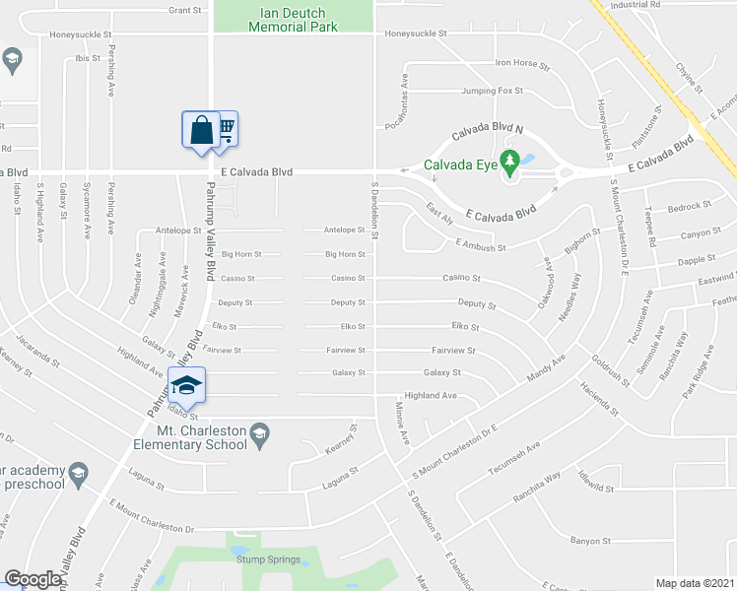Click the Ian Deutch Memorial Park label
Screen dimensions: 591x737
pos(293,20)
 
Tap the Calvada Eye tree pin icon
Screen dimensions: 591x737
pos(509,161)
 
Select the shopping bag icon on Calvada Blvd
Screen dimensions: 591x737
pos(201,130)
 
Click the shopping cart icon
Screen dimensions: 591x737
pos(227,126)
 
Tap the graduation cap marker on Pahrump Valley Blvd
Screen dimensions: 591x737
pos(186,385)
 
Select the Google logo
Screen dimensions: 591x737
pos(33,579)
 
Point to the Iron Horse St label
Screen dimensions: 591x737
pos(522,63)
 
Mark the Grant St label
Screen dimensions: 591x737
pos(184,10)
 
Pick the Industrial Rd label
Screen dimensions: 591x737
pos(636,5)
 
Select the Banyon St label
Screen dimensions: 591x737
pos(591,541)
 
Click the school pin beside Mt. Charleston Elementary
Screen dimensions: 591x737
pos(260,431)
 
